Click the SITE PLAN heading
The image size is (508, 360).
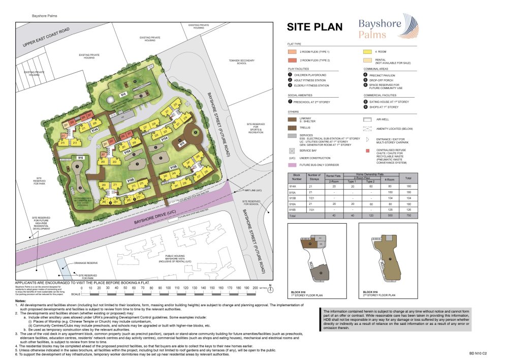pos(314,27)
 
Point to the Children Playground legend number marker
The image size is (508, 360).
pos(290,75)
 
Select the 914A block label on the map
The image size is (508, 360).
pos(94,131)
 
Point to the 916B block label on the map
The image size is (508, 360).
pos(130,180)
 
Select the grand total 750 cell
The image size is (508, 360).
pos(408,216)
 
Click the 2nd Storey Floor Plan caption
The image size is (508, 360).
pos(376,294)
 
